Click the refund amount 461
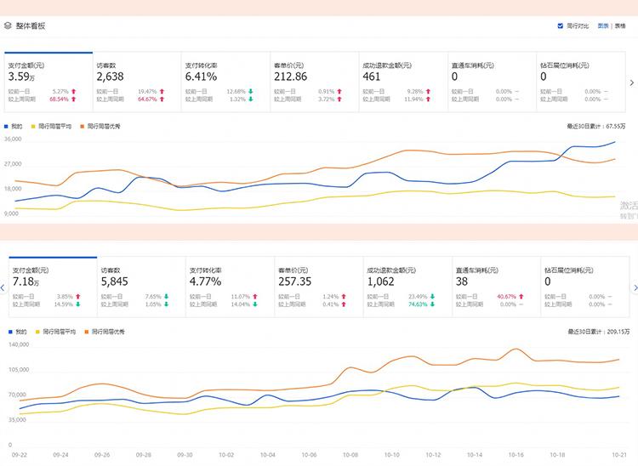tap(371, 77)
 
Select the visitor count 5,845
tap(115, 281)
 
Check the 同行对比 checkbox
tap(560, 26)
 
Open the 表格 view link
tap(620, 26)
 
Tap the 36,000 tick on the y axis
tap(13, 139)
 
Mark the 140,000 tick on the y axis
tap(19, 344)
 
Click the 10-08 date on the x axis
tap(349, 455)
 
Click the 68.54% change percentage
tap(59, 99)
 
